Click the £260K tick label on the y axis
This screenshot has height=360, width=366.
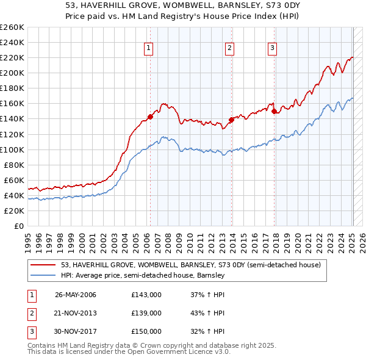click(x=12, y=27)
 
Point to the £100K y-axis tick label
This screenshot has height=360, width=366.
click(x=12, y=149)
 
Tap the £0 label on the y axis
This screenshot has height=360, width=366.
click(x=19, y=226)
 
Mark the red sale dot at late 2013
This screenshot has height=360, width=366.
click(x=231, y=120)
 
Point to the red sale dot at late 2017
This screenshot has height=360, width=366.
click(x=274, y=111)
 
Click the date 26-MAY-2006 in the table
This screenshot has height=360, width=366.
click(x=76, y=295)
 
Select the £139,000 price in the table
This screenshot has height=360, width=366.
click(x=146, y=313)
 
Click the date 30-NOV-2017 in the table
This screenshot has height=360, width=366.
click(x=76, y=331)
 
